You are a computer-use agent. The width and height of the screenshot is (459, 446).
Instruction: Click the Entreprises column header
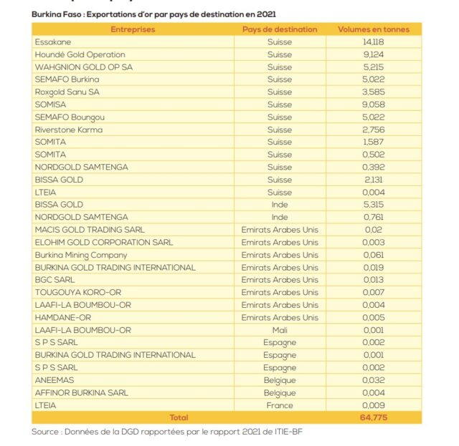[133, 29]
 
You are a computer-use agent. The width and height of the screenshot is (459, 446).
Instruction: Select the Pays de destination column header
[280, 29]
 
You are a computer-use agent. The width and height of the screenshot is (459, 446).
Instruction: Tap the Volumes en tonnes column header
[374, 29]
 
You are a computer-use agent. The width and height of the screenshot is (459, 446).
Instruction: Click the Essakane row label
[52, 42]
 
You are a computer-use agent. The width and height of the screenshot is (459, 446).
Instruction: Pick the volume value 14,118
[374, 42]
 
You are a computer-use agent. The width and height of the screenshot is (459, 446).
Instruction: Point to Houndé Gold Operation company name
[80, 54]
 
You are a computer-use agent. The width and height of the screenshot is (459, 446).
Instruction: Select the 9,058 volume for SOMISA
[374, 105]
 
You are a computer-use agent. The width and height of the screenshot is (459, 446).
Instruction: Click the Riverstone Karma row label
[68, 130]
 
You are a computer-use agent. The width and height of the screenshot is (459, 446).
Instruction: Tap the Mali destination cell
[280, 330]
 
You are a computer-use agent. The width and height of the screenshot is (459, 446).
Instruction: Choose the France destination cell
[280, 405]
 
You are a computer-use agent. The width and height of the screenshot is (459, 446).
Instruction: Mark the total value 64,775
[374, 417]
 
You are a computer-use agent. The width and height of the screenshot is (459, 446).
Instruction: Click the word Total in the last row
[179, 417]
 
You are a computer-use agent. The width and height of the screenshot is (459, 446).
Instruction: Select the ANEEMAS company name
[55, 380]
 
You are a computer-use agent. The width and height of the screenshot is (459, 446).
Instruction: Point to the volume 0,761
[374, 217]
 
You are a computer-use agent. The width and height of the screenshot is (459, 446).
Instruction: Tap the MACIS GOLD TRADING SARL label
[90, 230]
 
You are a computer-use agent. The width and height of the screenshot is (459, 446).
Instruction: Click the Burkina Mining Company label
[81, 255]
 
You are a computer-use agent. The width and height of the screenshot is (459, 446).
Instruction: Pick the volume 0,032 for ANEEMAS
[374, 380]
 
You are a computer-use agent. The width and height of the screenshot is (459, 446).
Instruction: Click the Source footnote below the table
[172, 432]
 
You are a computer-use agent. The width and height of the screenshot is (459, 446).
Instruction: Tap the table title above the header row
[154, 14]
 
